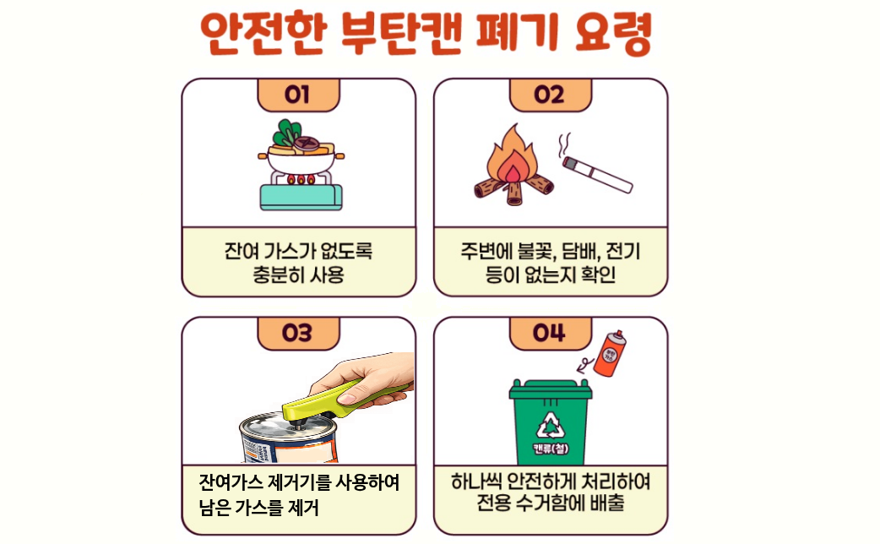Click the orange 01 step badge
pos(298,95)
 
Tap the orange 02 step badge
pos(550,95)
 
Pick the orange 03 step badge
pos(298,333)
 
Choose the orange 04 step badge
pos(550,333)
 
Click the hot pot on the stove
pos(301,151)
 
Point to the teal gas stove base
pos(301,197)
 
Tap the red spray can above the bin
pos(610,352)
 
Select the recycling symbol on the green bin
pos(551,423)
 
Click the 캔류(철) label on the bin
pos(551,448)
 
